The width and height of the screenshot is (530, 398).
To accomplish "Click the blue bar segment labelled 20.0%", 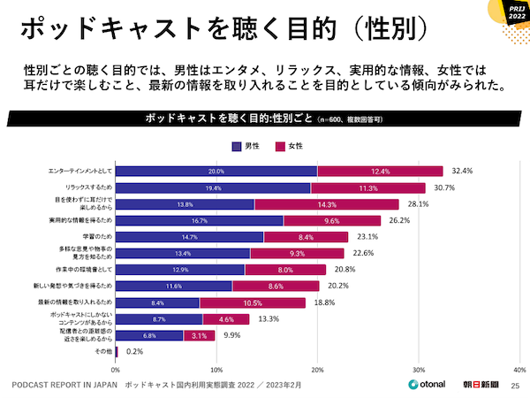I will (x=216, y=171).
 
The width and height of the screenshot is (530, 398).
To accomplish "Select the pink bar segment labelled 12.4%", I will (x=381, y=171).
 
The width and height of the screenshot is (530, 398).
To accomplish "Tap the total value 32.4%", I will (x=464, y=171).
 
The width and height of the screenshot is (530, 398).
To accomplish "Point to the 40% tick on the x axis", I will (x=519, y=370).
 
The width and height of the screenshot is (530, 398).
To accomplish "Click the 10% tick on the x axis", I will (x=216, y=370).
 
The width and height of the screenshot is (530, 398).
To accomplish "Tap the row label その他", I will (x=102, y=352).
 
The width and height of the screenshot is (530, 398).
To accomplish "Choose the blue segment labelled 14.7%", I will (x=190, y=237).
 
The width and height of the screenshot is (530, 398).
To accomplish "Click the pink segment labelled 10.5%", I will (x=253, y=302).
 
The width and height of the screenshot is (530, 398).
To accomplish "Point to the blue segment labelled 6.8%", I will (x=149, y=336).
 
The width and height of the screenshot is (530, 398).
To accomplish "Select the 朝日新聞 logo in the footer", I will (x=481, y=385).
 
